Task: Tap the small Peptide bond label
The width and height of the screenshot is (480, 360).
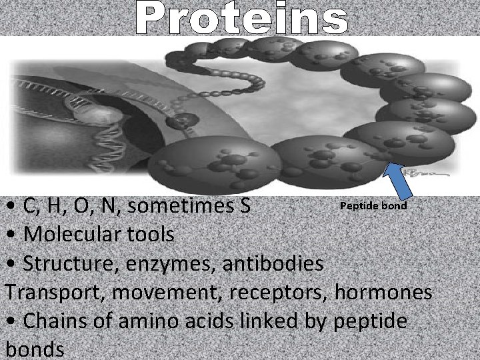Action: click(x=373, y=205)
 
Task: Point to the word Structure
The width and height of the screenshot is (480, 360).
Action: click(x=64, y=263)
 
